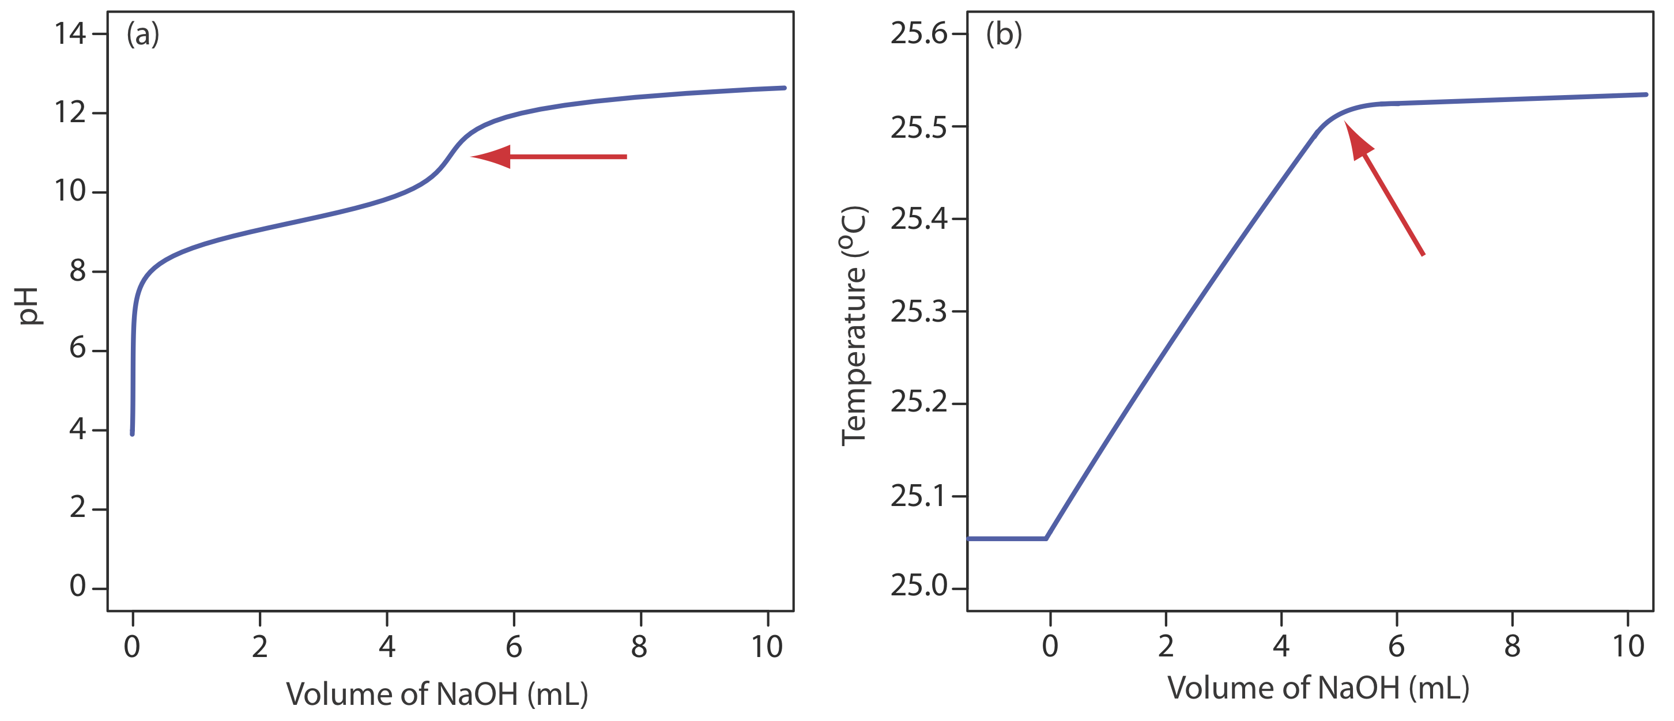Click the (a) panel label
point(142,34)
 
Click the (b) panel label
point(1004,34)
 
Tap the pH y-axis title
point(29,306)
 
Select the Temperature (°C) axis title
point(854,326)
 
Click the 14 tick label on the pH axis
point(70,34)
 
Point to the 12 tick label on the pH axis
point(70,113)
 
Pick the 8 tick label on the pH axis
point(78,271)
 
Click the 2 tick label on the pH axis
point(78,508)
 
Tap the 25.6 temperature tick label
point(919,34)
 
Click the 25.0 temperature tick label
point(919,587)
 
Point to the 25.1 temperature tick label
point(919,497)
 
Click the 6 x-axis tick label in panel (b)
point(1397,646)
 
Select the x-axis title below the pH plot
point(437,694)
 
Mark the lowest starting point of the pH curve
point(133,433)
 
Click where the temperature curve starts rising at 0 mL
point(1046,538)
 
